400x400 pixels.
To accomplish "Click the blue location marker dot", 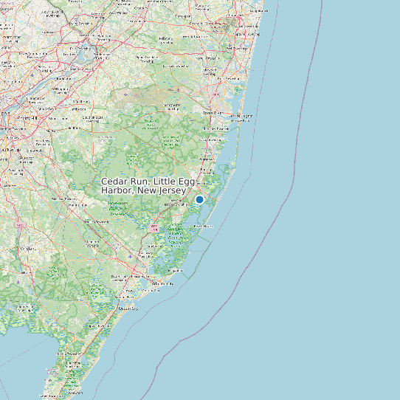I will (x=199, y=199).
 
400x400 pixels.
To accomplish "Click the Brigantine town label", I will (x=175, y=271).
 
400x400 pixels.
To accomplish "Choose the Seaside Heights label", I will (x=244, y=116).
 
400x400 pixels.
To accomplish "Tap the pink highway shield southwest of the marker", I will (x=154, y=228).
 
